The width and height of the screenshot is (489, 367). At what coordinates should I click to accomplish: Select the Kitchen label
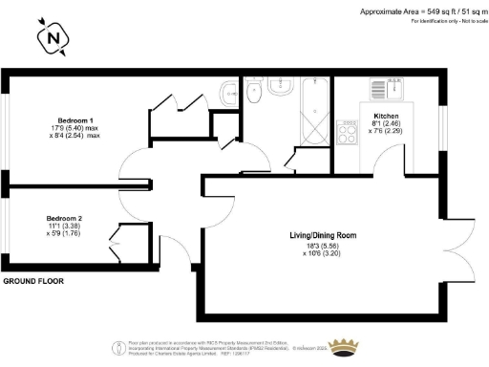(x=386, y=115)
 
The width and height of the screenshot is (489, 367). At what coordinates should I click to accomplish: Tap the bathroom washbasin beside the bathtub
(x=229, y=92)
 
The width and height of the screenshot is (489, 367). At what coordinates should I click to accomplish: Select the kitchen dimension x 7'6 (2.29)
(x=386, y=133)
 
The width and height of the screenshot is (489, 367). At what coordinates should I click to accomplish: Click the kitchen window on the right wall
(x=442, y=123)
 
